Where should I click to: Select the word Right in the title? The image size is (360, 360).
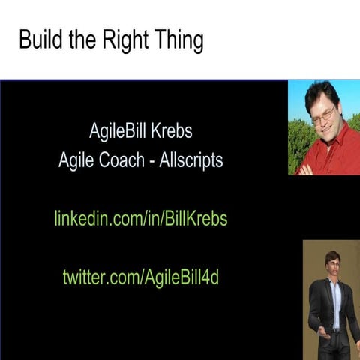click(126, 40)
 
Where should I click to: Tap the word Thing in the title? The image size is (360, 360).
click(178, 41)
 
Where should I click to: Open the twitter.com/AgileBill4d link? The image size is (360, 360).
click(141, 276)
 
